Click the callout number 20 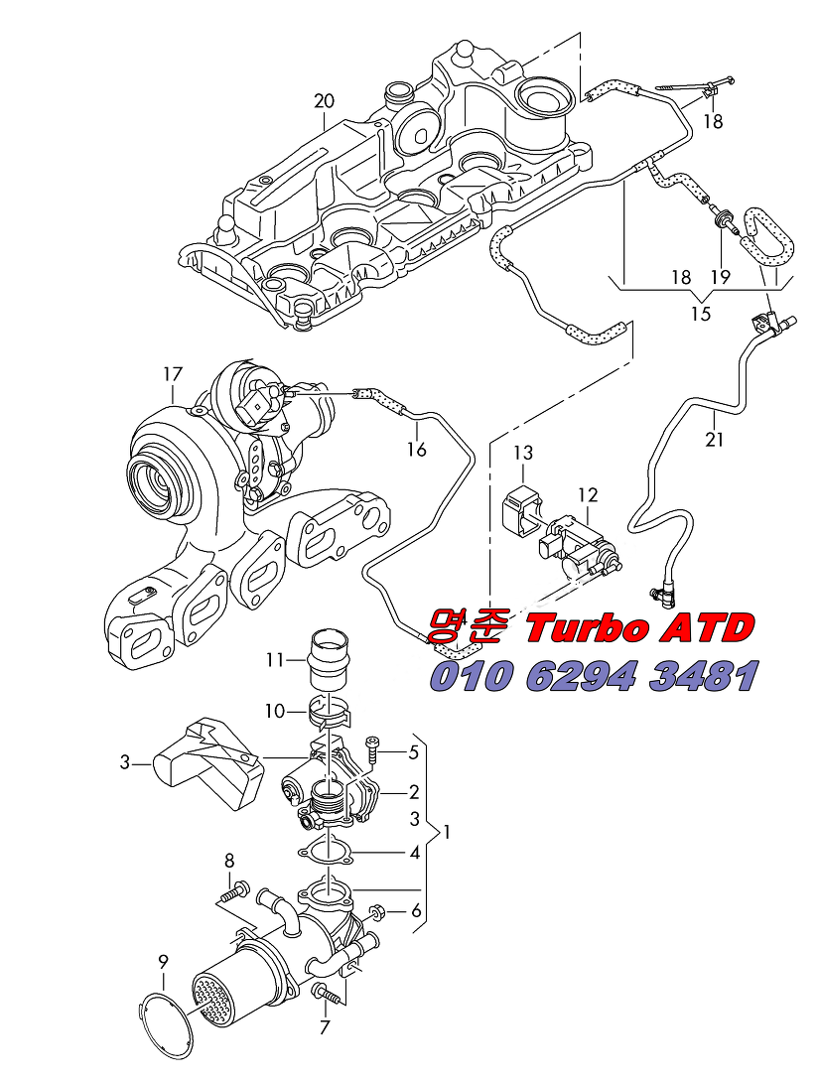point(324,100)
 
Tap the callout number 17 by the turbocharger point(173,374)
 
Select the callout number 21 point(714,439)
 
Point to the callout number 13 point(523,453)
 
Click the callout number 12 point(588,494)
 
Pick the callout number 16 point(416,450)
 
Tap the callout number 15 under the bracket point(701,313)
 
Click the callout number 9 point(163,960)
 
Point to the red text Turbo point(589,628)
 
